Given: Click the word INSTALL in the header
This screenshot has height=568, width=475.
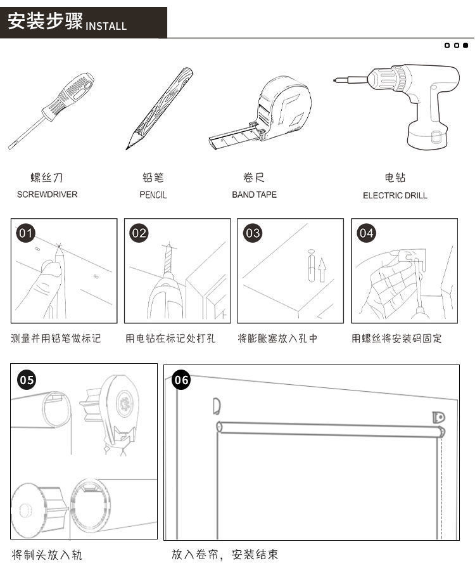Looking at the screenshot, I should (x=106, y=26).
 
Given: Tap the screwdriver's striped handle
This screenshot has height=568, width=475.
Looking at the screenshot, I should (x=73, y=95).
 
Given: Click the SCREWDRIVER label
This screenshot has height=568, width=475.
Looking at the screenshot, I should (x=47, y=195).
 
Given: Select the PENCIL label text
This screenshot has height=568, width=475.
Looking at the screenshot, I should (x=153, y=195).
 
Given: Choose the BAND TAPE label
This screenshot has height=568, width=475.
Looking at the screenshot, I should (x=254, y=195).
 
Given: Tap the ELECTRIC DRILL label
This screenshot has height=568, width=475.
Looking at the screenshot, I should (x=395, y=195).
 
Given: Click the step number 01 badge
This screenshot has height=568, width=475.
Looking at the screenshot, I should (x=26, y=233).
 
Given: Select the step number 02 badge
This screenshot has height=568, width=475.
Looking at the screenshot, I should (x=139, y=233).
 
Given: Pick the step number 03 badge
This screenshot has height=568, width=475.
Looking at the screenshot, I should (x=253, y=233).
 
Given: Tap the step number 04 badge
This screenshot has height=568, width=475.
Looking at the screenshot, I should (x=367, y=233).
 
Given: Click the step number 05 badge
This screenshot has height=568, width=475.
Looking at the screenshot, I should (x=27, y=380).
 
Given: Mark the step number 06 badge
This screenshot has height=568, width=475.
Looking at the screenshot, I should (x=181, y=380).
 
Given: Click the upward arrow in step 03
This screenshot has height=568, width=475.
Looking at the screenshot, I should (x=322, y=271).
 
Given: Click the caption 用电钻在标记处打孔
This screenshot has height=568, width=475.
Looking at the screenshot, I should (x=170, y=339).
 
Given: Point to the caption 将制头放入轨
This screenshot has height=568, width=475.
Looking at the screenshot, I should (x=47, y=555).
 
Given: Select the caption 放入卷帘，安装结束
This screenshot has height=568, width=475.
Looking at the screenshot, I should (x=225, y=555).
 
